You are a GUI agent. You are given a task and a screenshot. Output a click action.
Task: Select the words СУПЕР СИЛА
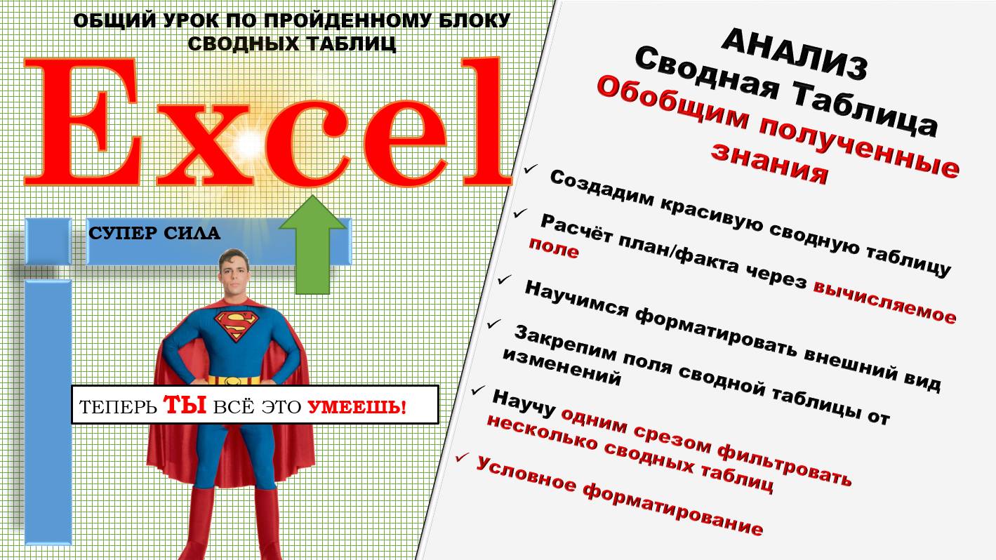[x=154, y=233]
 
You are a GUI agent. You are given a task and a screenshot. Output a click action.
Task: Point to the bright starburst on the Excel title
[x=247, y=144]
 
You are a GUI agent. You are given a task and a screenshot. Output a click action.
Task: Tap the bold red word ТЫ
[x=185, y=405]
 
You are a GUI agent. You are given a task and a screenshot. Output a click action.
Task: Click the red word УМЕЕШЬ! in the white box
[x=357, y=406]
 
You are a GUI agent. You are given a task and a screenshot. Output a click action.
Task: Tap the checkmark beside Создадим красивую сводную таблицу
[x=531, y=170]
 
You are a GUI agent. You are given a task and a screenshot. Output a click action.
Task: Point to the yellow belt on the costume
[x=234, y=380]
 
